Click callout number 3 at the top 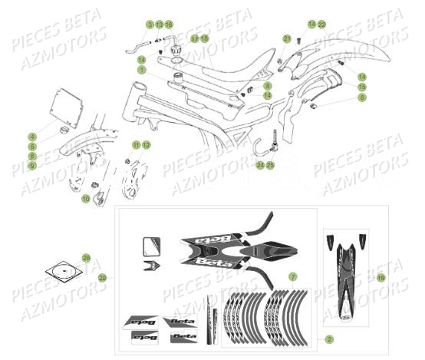150,25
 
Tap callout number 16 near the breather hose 169,25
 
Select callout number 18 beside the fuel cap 205,38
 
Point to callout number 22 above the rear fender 322,25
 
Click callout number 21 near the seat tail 286,38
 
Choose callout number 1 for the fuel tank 142,69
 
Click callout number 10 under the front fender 85,199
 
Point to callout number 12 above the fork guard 146,145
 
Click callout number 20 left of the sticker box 103,277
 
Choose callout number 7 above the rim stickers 292,276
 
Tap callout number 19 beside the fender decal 381,276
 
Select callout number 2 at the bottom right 328,339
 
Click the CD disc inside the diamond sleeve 65,270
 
